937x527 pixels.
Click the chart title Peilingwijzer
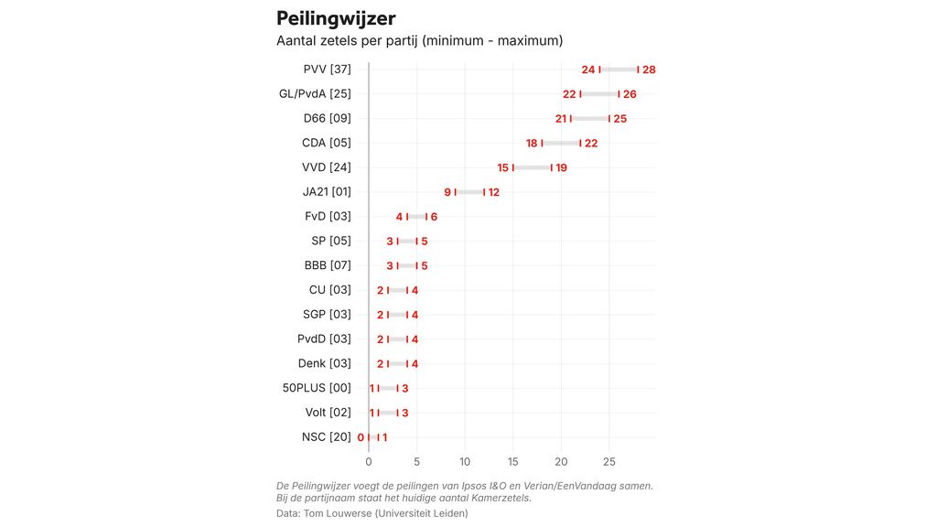click(336, 18)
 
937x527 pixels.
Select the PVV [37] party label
click(327, 70)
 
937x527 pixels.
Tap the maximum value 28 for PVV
click(649, 70)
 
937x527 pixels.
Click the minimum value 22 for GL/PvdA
click(569, 94)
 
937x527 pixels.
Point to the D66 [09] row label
click(327, 118)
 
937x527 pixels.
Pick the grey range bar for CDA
click(561, 143)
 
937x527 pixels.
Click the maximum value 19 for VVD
click(561, 167)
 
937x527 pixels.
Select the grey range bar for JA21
click(469, 192)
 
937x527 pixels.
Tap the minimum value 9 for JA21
click(447, 192)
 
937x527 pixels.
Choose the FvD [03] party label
click(328, 217)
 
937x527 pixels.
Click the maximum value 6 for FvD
click(434, 217)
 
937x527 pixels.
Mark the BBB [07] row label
click(328, 265)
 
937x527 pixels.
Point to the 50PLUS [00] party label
click(317, 388)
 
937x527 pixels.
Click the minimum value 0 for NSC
click(361, 437)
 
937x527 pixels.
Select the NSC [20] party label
click(326, 437)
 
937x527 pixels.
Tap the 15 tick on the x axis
click(513, 461)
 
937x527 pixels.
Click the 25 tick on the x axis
click(609, 461)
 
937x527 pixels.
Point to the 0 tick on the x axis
click(369, 461)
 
